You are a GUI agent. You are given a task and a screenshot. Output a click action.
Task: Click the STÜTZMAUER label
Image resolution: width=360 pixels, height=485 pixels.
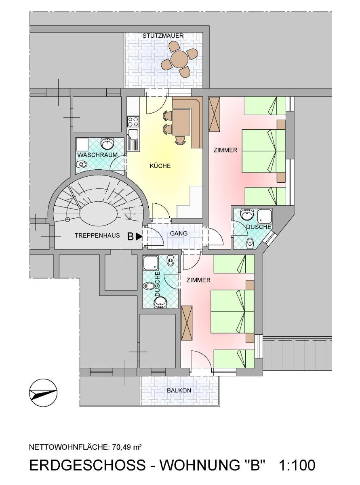click(x=163, y=36)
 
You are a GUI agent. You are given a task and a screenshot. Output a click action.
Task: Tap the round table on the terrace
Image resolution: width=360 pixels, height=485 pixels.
click(x=179, y=59)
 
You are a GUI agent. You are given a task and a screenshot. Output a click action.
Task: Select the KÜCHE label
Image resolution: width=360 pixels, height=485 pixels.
click(x=160, y=166)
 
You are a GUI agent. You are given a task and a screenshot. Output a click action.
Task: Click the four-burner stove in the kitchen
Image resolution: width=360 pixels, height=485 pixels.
click(x=133, y=122)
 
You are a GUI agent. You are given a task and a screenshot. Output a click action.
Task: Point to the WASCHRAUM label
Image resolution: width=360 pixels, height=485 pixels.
click(x=97, y=155)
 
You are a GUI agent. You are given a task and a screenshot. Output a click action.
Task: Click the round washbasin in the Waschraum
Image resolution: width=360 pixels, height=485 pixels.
click(x=107, y=143)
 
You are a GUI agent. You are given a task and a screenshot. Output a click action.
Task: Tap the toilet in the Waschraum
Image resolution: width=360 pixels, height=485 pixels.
click(x=82, y=164)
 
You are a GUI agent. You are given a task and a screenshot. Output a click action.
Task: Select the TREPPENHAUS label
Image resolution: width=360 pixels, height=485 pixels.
click(x=97, y=235)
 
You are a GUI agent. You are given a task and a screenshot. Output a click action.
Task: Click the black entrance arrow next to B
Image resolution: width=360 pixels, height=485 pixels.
click(x=138, y=236)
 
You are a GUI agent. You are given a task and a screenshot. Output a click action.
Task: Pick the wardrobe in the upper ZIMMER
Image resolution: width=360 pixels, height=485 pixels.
click(x=214, y=114)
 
